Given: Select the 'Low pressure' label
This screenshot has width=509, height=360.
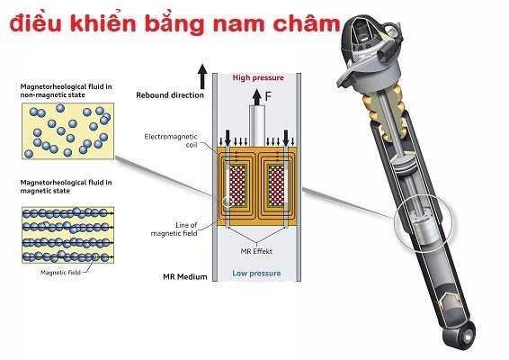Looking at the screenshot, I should click(256, 274).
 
